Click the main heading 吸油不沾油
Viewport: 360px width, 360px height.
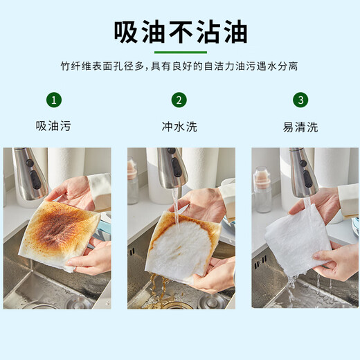[180, 31]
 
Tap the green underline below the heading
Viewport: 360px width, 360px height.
[180, 53]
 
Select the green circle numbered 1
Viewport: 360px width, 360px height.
[53, 100]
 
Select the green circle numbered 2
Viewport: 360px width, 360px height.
[179, 100]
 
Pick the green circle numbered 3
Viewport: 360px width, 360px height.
[300, 100]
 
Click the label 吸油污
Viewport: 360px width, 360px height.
[53, 127]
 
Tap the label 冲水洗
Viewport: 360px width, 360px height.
[179, 127]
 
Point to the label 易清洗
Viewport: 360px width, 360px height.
[300, 127]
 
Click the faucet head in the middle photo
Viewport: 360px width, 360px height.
[171, 170]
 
